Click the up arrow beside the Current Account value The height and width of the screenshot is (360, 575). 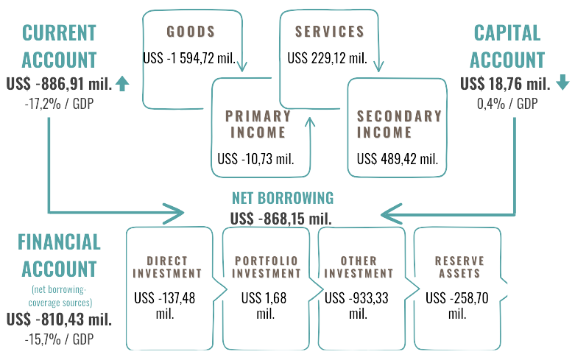122,84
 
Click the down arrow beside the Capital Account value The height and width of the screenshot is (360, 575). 562,82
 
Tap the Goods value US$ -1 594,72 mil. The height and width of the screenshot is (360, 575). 190,57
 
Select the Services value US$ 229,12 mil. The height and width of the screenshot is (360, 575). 327,57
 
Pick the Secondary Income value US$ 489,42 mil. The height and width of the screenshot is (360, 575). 398,158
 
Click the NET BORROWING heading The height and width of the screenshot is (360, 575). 283,198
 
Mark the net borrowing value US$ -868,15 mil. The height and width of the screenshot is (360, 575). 281,218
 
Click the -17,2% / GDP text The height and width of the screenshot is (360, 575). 60,103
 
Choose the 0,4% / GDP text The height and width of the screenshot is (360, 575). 507,103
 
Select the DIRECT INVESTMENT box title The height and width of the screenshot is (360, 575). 167,267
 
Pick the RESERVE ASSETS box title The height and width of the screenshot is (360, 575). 459,267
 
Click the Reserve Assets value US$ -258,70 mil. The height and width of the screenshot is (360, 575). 456,305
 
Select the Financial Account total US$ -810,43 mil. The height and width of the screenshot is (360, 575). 59,320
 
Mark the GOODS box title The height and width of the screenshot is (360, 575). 191,32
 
